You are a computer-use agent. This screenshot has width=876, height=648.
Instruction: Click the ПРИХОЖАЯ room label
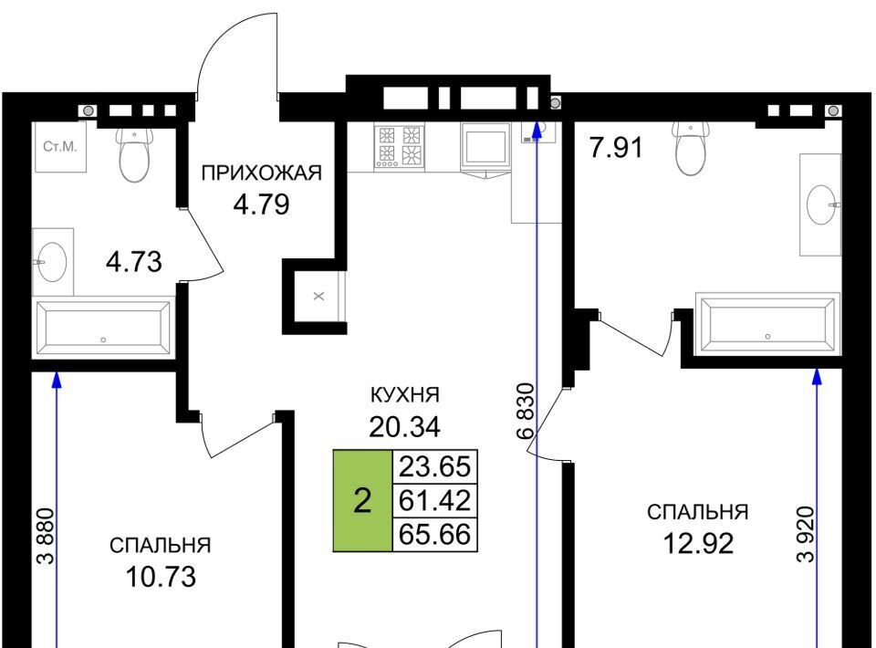click(262, 172)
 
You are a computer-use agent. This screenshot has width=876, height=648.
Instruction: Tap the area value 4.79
click(262, 204)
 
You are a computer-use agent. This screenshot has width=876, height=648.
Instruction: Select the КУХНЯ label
click(405, 395)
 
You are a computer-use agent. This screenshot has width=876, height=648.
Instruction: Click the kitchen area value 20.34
click(404, 427)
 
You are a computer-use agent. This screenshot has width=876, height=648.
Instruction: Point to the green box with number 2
click(362, 500)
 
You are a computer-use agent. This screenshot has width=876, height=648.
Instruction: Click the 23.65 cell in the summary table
click(434, 465)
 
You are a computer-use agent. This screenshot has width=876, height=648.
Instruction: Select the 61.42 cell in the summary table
click(434, 500)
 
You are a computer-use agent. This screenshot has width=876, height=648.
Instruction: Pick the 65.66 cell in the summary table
click(434, 535)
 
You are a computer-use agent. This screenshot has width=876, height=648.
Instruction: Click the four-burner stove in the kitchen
click(399, 146)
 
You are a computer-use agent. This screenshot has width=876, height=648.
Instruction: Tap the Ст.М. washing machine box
click(60, 147)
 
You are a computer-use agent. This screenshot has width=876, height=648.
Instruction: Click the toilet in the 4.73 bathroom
click(135, 152)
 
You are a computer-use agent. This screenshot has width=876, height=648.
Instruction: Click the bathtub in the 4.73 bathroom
click(103, 328)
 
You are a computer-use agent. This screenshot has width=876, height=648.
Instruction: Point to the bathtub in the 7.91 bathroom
click(767, 324)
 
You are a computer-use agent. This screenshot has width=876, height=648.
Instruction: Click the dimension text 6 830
click(526, 411)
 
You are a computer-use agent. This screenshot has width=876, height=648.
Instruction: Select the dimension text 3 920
click(806, 534)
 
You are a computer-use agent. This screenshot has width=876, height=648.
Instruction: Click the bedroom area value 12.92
click(698, 544)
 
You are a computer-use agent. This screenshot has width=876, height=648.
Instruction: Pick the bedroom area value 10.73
click(161, 577)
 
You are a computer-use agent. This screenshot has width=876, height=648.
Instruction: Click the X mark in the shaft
click(318, 297)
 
